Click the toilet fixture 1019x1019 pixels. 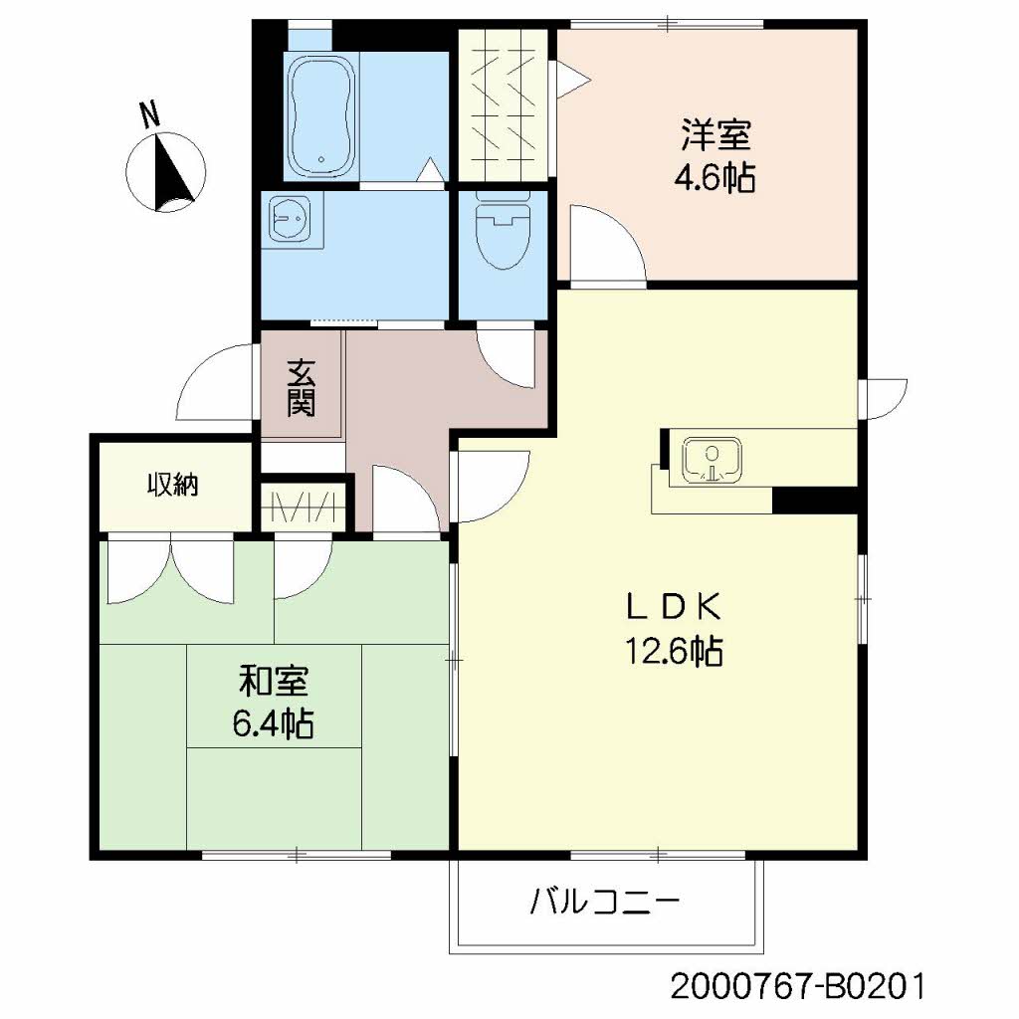click(x=502, y=235)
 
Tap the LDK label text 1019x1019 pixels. click(x=673, y=606)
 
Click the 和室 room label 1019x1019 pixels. click(x=274, y=682)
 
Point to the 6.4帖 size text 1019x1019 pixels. click(x=274, y=723)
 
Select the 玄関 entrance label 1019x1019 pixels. click(x=301, y=387)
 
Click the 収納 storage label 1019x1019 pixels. click(x=173, y=485)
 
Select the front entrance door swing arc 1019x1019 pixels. click(x=214, y=387)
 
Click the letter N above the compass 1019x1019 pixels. click(x=150, y=115)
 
